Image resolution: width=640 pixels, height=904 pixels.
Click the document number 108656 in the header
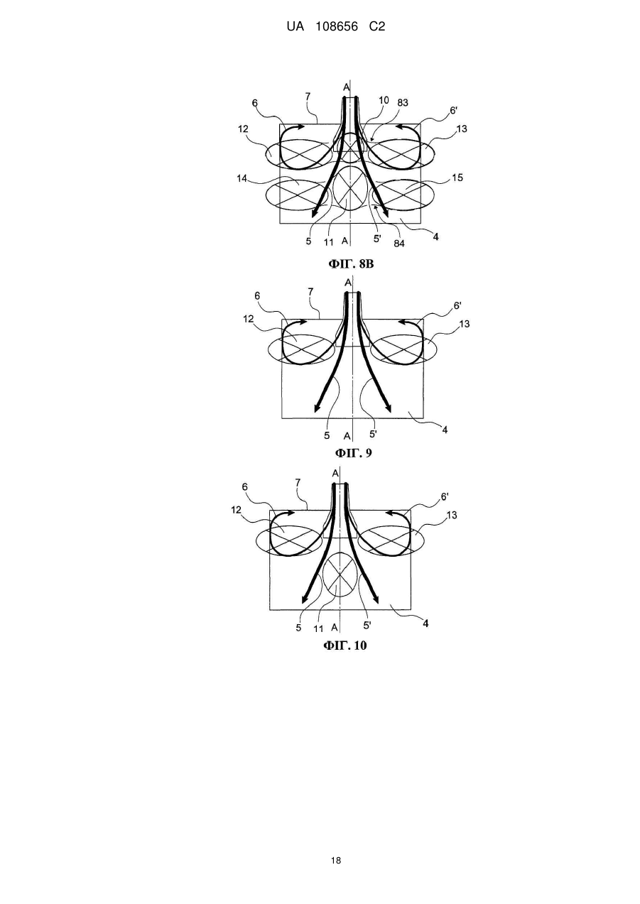tap(337, 27)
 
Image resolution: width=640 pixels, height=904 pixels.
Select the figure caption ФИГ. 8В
tap(351, 264)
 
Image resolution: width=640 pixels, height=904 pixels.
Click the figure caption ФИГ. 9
tap(353, 453)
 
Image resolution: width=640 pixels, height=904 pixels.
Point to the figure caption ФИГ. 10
tap(345, 646)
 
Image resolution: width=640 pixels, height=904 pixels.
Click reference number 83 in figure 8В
tap(403, 102)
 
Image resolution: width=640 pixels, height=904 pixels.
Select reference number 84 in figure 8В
tap(399, 244)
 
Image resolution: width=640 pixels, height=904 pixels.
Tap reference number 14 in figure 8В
tap(242, 178)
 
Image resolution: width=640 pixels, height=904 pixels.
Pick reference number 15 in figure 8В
tap(457, 178)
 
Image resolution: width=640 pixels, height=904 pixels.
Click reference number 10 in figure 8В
tap(384, 100)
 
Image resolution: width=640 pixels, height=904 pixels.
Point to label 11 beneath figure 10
tap(319, 628)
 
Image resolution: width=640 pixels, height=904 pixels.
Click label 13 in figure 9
tap(465, 324)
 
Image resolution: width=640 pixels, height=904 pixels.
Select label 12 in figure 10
tap(236, 510)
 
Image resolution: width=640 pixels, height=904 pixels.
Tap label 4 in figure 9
tap(445, 430)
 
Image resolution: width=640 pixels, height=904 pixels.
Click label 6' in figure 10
tap(445, 496)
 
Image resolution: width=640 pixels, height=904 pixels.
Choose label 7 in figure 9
tap(310, 291)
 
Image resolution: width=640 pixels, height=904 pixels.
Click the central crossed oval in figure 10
tap(340, 574)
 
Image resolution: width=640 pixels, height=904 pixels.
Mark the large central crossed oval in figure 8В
tap(349, 188)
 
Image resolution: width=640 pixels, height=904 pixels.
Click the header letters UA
tap(295, 27)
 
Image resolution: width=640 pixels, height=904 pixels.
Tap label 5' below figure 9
tap(374, 434)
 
